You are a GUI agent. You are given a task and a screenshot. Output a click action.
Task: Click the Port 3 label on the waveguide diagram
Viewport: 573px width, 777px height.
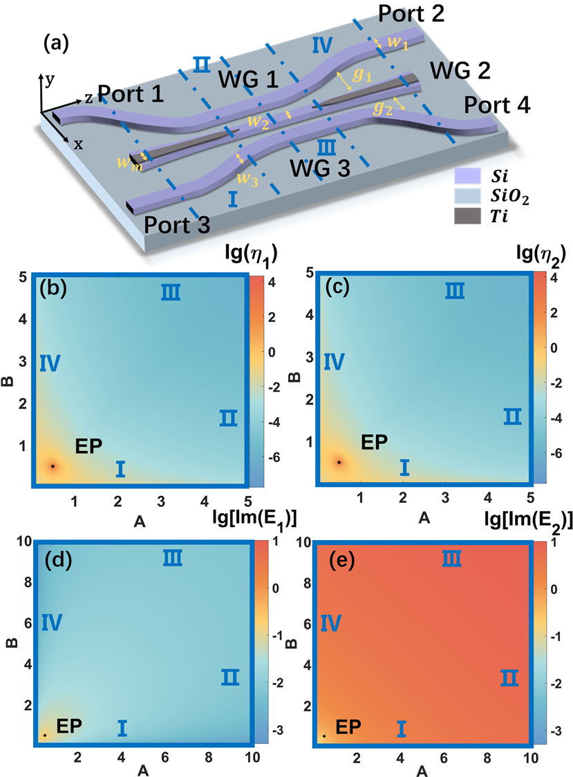[178, 224]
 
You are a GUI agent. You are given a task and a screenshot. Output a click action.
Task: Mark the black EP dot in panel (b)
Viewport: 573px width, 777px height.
[53, 466]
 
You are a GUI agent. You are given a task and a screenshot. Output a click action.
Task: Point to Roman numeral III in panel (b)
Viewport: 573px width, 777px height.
[171, 293]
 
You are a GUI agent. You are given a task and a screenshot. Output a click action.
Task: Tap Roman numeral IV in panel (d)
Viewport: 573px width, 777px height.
[52, 623]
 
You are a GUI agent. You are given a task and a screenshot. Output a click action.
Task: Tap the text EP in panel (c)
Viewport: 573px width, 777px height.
[375, 442]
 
